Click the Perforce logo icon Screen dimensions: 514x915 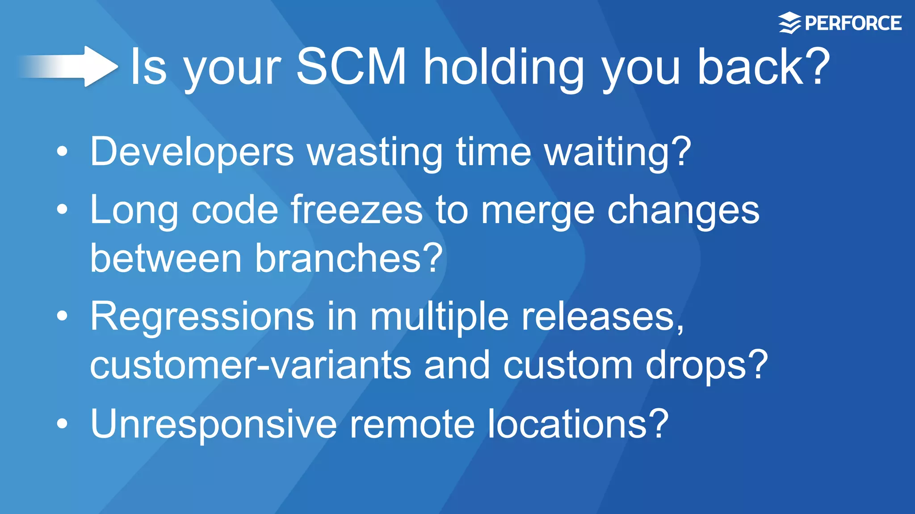coord(789,23)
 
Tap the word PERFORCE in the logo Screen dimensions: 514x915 coord(853,23)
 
